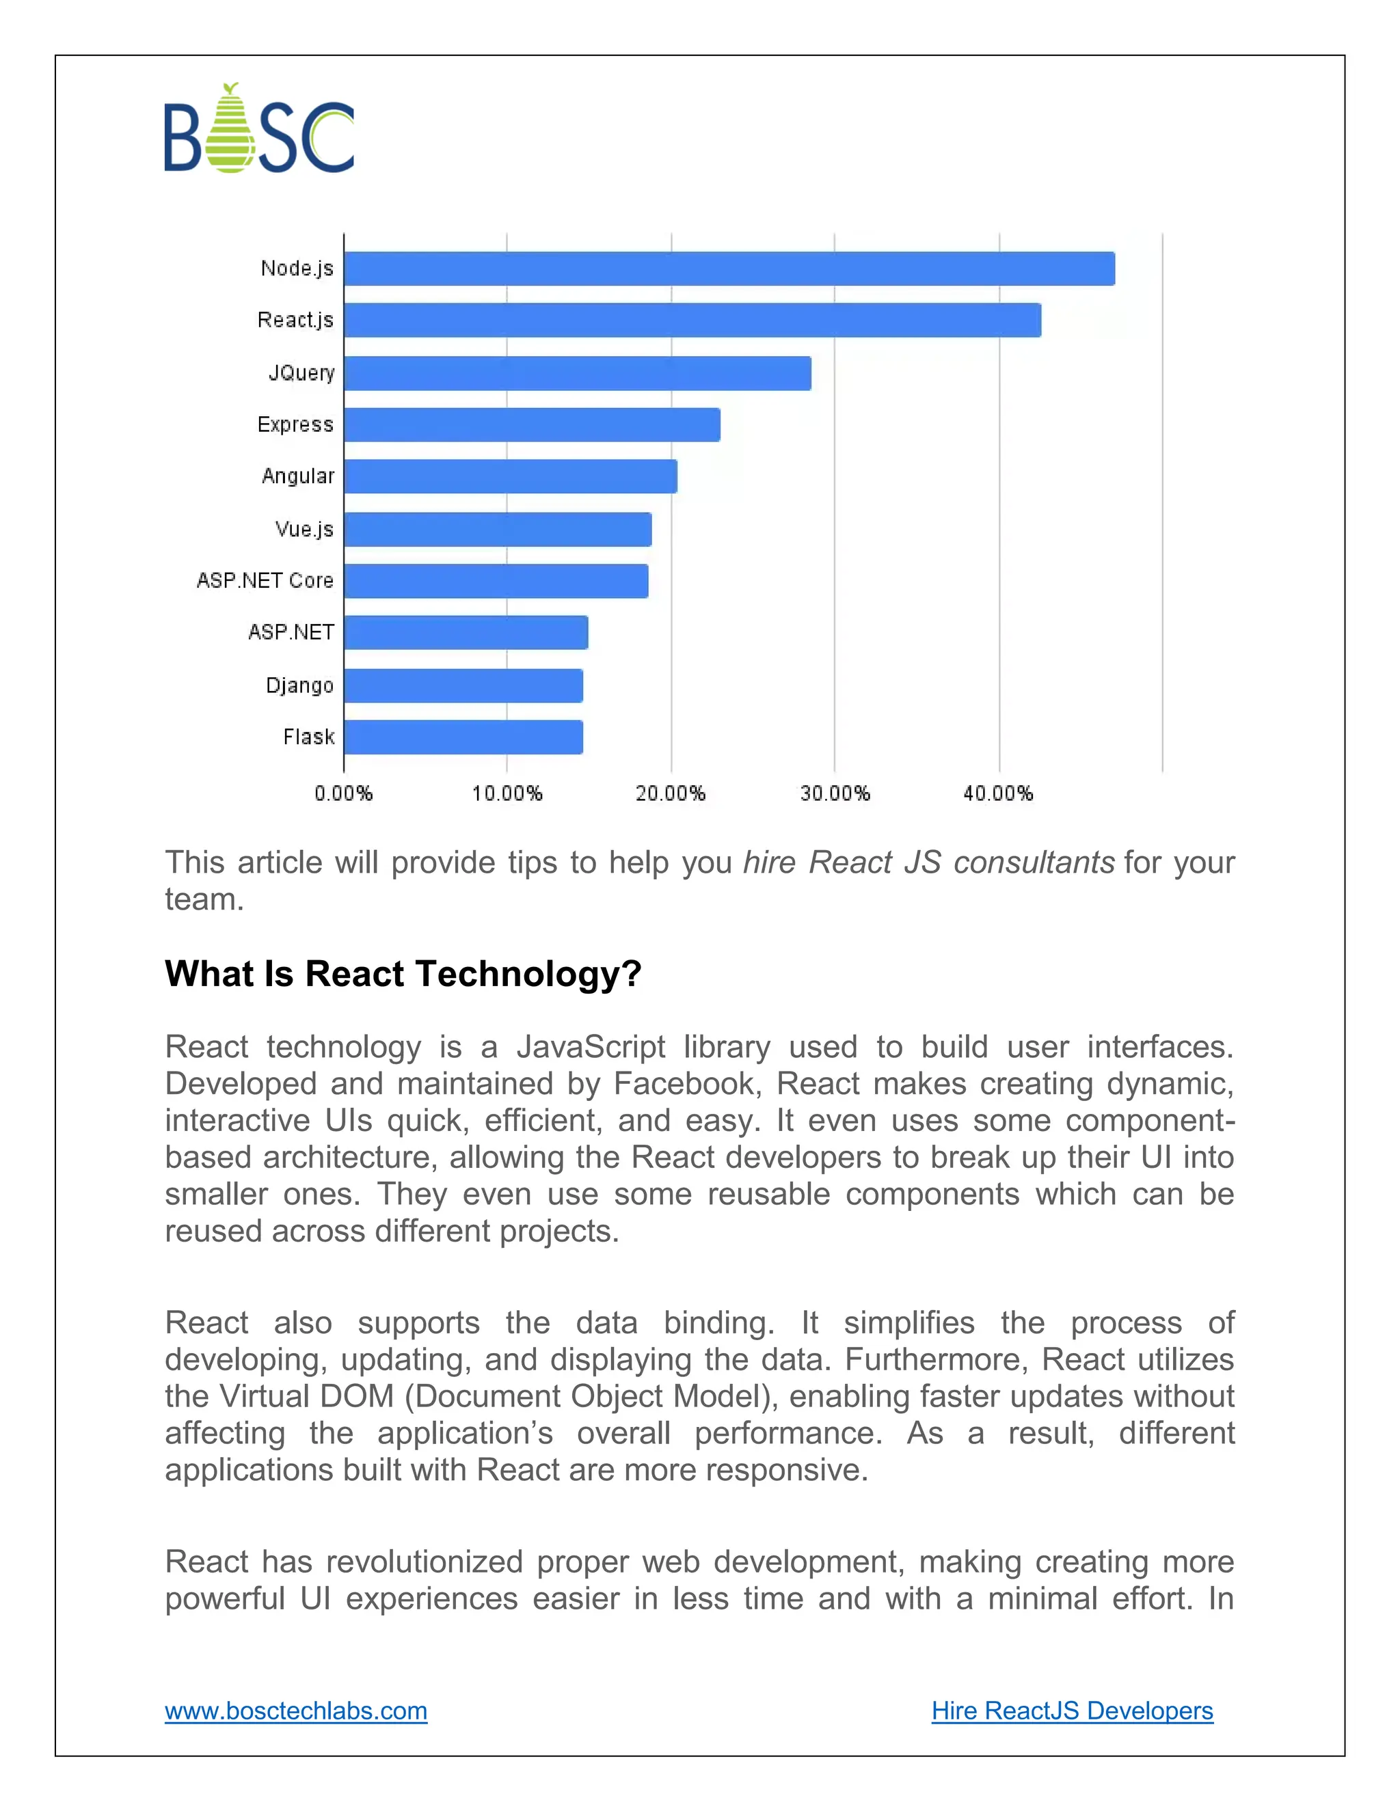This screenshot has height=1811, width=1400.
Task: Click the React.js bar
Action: (692, 320)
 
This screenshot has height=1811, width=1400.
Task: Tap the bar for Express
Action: (532, 424)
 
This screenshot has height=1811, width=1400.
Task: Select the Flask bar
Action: (463, 737)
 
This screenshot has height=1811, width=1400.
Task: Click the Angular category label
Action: (298, 476)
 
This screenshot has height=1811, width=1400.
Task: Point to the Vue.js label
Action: (304, 529)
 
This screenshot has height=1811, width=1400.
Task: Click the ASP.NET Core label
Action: (265, 580)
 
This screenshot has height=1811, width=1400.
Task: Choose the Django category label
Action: (299, 685)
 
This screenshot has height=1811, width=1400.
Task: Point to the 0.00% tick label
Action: (343, 793)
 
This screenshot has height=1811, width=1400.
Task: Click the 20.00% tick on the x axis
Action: (670, 793)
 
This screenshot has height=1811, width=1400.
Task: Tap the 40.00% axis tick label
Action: (998, 793)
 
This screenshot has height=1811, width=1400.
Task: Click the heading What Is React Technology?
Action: (403, 973)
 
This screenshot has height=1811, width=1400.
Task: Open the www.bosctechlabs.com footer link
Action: (296, 1711)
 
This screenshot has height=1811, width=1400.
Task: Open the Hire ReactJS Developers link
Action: (1072, 1711)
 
